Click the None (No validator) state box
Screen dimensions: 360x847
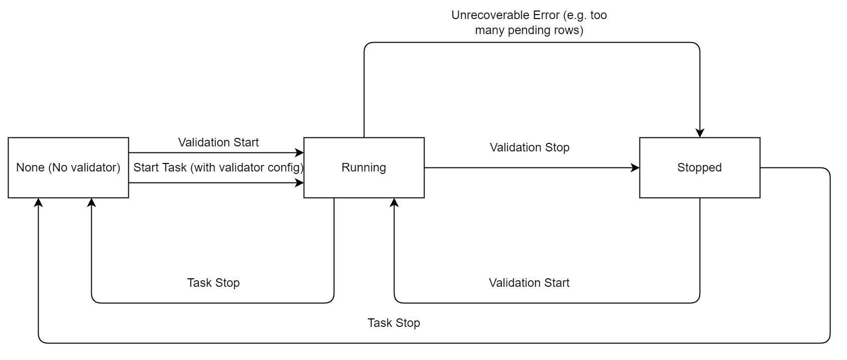point(68,167)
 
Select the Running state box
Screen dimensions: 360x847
point(364,167)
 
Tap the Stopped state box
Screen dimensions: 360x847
point(699,167)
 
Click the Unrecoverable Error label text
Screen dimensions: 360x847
point(529,23)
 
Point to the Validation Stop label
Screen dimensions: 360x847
point(529,147)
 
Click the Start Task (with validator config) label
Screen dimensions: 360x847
point(219,167)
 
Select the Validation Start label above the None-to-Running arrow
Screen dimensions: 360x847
point(219,142)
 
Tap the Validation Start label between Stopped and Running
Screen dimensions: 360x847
point(529,283)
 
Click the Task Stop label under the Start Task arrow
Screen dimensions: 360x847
point(214,283)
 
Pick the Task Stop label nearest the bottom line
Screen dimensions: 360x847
point(393,323)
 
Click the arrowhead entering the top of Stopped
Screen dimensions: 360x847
point(700,133)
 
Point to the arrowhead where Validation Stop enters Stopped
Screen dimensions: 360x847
point(636,168)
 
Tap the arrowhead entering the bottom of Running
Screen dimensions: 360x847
point(394,202)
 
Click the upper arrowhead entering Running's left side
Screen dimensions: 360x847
point(300,152)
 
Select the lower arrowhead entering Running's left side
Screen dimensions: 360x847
point(300,183)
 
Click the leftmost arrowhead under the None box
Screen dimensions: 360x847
point(38,202)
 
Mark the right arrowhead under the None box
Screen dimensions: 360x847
point(91,202)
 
